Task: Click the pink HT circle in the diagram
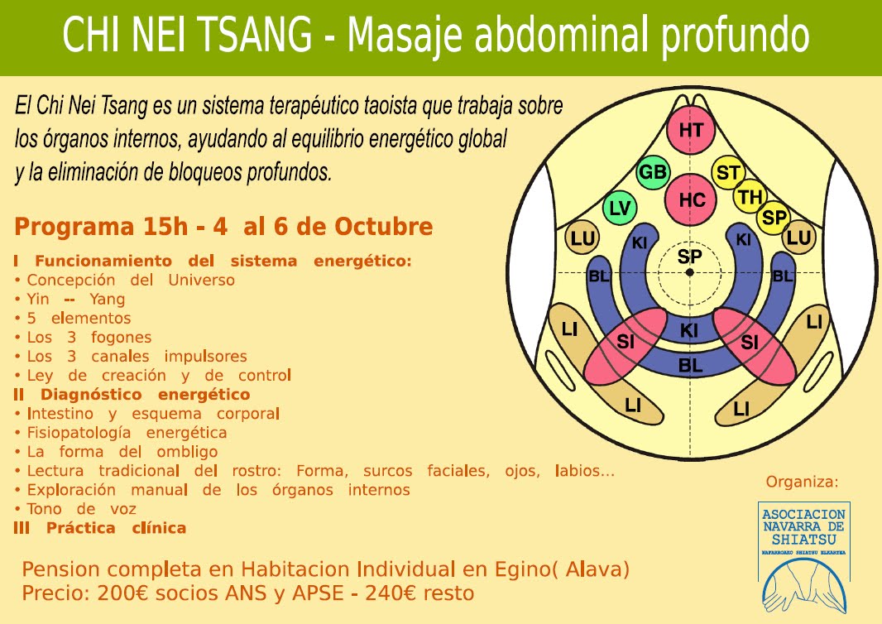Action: [691, 130]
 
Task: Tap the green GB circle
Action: [653, 172]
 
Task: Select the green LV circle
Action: [620, 209]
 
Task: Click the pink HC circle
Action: [692, 199]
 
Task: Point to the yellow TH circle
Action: [750, 197]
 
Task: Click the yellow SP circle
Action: [774, 217]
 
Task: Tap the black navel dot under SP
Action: [690, 272]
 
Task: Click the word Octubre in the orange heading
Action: [384, 227]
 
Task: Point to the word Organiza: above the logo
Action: [802, 482]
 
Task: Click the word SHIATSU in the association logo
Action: [803, 540]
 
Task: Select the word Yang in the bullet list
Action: [107, 300]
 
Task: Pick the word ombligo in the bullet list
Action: [187, 452]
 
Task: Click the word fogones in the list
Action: [122, 338]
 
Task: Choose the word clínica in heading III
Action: [159, 528]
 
